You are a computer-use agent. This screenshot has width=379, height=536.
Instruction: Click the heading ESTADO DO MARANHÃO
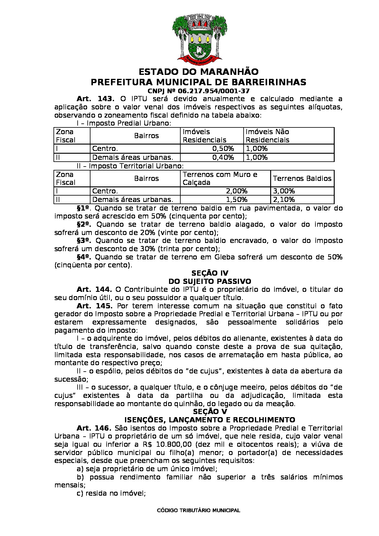(x=198, y=72)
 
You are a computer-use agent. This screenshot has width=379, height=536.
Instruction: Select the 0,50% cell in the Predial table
(x=223, y=149)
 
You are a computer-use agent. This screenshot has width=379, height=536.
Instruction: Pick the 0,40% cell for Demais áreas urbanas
(x=223, y=157)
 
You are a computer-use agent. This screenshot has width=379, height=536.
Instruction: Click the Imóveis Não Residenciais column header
(x=267, y=136)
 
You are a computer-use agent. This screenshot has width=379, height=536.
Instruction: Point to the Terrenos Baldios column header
(x=302, y=178)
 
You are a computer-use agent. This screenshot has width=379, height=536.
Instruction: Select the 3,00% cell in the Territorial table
(x=284, y=191)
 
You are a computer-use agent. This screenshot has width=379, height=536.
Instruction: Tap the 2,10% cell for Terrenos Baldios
(x=284, y=200)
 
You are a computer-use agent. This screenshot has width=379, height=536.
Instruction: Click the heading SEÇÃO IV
(x=210, y=273)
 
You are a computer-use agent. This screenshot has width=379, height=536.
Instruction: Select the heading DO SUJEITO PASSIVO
(x=210, y=281)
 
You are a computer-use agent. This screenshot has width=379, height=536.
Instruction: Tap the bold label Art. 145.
(x=94, y=306)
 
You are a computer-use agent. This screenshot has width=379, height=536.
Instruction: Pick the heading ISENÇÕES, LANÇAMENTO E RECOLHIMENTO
(x=210, y=420)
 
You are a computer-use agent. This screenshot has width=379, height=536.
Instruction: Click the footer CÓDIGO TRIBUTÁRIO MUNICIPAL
(x=198, y=510)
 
